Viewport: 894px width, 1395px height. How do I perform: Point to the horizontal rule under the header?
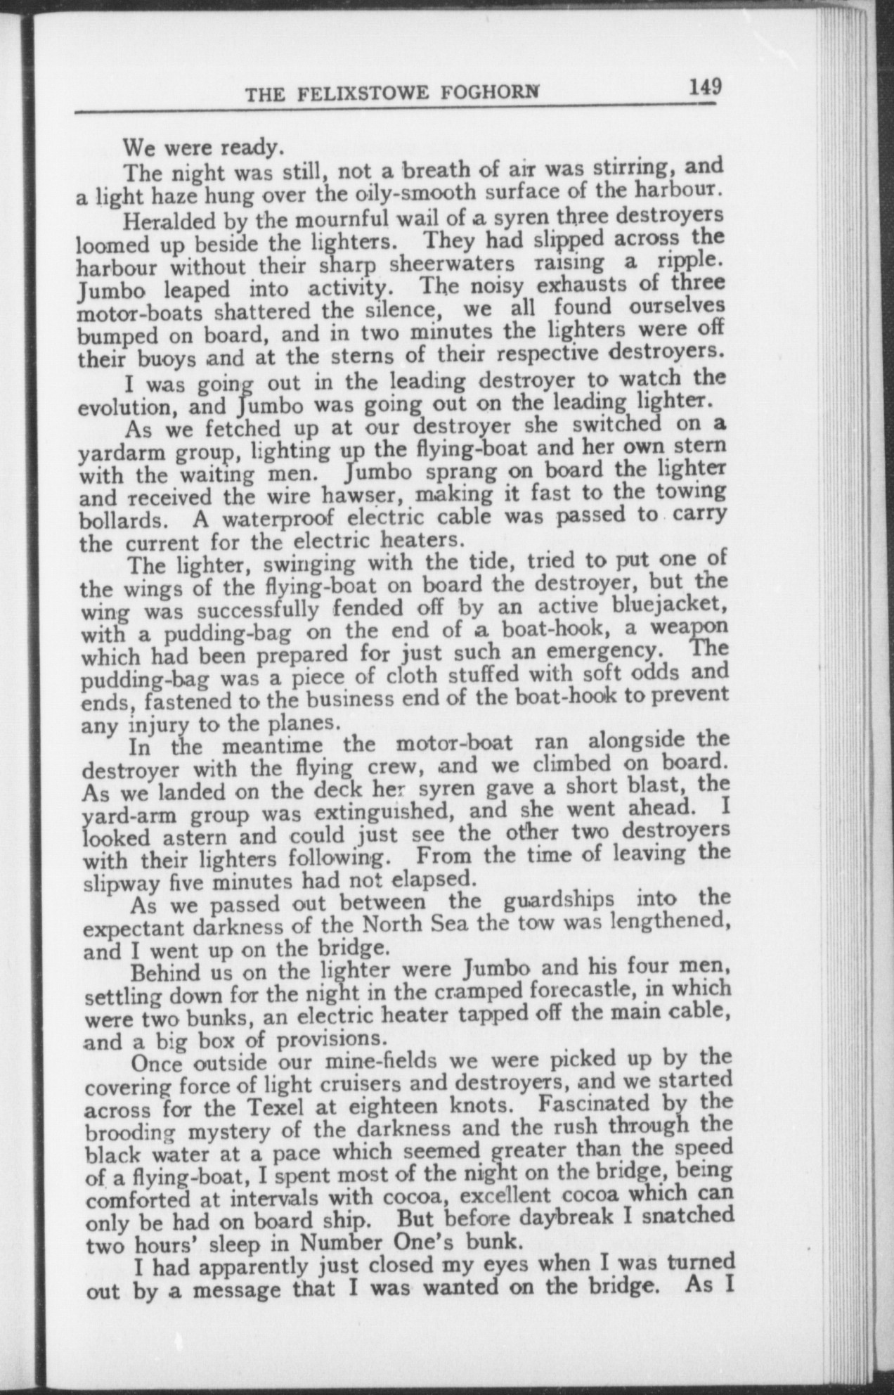(x=394, y=108)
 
